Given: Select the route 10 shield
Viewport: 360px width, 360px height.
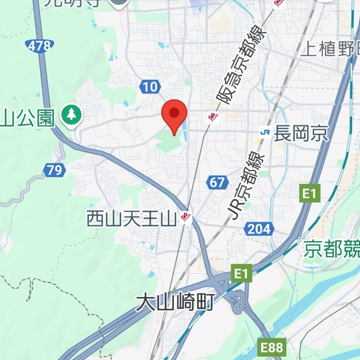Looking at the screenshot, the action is click(149, 86).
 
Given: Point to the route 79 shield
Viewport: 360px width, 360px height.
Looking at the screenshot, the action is click(55, 169).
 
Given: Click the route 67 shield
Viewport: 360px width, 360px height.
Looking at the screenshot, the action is click(217, 182).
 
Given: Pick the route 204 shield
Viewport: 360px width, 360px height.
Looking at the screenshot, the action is click(259, 228).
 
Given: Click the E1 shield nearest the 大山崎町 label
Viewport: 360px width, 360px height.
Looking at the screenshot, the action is click(241, 274).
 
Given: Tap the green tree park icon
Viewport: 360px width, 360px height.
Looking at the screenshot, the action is click(71, 115).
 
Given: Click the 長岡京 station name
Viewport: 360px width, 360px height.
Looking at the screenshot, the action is click(301, 133).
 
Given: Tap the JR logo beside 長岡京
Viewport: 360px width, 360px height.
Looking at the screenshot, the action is click(265, 132).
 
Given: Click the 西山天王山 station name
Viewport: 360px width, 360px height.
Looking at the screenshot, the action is click(132, 219).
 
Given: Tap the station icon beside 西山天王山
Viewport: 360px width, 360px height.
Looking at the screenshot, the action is click(186, 217).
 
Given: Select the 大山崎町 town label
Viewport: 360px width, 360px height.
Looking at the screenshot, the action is click(175, 303).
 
